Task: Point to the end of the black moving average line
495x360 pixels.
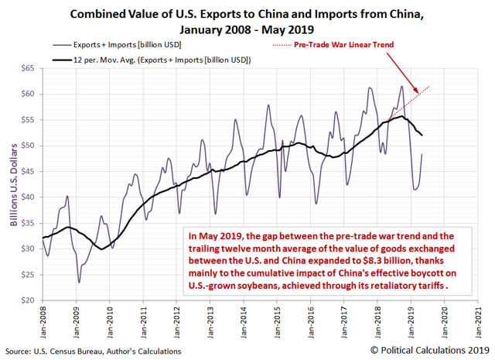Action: click(x=421, y=135)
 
